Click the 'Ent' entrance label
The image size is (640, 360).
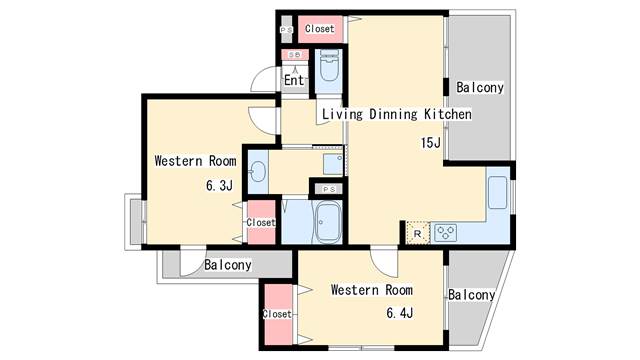tap(294, 80)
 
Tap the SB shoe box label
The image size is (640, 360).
tap(293, 55)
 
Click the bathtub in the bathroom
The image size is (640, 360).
tap(329, 222)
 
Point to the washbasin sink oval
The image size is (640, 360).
tap(258, 171)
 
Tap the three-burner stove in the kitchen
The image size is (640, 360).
tap(445, 233)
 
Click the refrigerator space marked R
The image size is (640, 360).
tap(418, 234)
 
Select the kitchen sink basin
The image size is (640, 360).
tap(498, 192)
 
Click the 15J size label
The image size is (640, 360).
tap(431, 143)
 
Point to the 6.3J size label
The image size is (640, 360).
tap(219, 186)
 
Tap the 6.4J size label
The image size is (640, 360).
tap(400, 313)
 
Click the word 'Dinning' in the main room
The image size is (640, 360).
tap(393, 114)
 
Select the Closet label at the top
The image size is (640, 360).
tap(320, 29)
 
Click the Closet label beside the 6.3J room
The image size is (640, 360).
tap(261, 222)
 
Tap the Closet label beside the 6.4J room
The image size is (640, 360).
tap(277, 314)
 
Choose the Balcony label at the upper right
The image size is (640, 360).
tap(480, 87)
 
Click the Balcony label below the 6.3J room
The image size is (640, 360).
tap(228, 265)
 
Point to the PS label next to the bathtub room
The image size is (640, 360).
tap(329, 189)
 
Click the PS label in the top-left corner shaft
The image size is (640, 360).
tap(286, 30)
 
